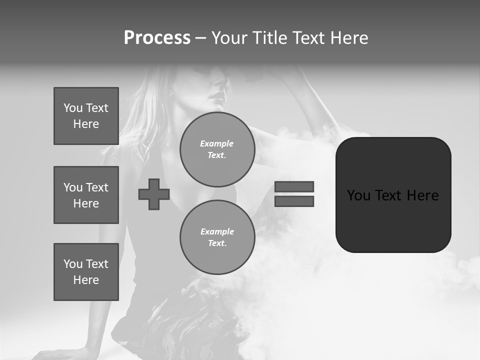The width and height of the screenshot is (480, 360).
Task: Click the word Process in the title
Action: click(157, 38)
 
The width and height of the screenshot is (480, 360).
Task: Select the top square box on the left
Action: click(86, 116)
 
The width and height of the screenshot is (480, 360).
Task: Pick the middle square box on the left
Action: click(86, 195)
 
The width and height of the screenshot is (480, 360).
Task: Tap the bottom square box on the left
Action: click(86, 272)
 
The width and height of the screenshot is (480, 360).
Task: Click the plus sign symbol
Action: click(154, 194)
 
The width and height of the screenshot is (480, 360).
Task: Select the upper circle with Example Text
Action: click(217, 149)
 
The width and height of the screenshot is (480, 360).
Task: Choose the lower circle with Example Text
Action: click(217, 237)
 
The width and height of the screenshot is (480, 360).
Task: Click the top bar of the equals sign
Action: click(294, 186)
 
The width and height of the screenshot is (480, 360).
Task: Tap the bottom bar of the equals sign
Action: click(294, 201)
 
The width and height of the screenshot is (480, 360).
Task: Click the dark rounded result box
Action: click(393, 220)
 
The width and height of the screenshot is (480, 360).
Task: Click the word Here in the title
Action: click(348, 38)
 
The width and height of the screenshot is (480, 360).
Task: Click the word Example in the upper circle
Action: click(217, 143)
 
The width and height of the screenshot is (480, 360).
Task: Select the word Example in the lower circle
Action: click(217, 231)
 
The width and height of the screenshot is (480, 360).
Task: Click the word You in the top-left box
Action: click(73, 108)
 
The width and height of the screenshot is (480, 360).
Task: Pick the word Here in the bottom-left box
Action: click(86, 280)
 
